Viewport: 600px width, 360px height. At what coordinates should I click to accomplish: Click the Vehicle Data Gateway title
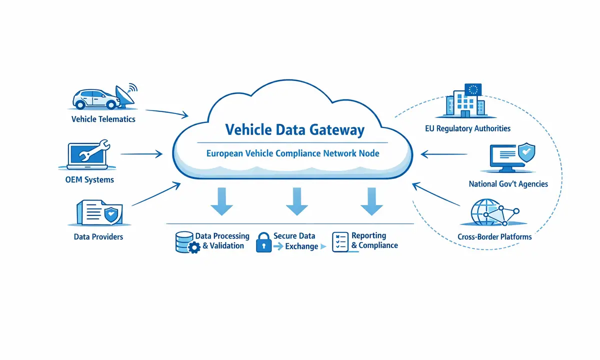pos(294,130)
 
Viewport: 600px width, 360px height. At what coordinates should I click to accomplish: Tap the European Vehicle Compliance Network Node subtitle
pos(292,153)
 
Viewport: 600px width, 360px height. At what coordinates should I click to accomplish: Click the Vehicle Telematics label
pos(103,119)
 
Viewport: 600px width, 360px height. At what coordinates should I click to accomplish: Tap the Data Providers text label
pos(98,236)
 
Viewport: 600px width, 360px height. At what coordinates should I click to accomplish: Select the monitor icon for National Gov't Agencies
pos(511,158)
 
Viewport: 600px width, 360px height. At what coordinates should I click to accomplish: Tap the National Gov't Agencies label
pos(508,184)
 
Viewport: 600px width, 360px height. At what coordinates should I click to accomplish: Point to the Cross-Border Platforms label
pos(494,236)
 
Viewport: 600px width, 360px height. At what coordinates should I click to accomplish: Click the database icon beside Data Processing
pos(184,241)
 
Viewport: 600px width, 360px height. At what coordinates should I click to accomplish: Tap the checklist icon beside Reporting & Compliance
pos(340,241)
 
